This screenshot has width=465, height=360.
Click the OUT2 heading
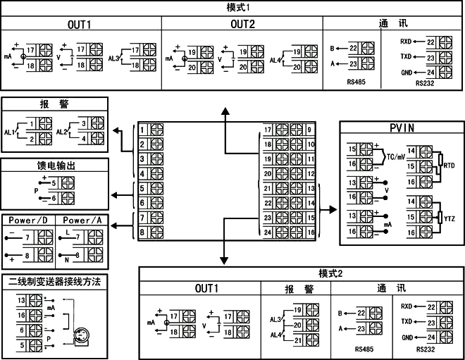[x=242, y=24]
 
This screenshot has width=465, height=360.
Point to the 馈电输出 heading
[x=56, y=166]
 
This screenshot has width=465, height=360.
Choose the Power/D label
[x=28, y=220]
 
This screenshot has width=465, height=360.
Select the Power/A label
[x=82, y=220]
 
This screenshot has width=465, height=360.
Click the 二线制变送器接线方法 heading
[x=55, y=281]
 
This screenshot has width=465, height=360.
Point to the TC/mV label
[x=395, y=159]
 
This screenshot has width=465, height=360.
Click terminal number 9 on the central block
[x=310, y=130]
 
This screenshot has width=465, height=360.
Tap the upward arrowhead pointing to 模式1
[x=225, y=111]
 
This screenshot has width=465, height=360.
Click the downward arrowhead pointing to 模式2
[x=224, y=260]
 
